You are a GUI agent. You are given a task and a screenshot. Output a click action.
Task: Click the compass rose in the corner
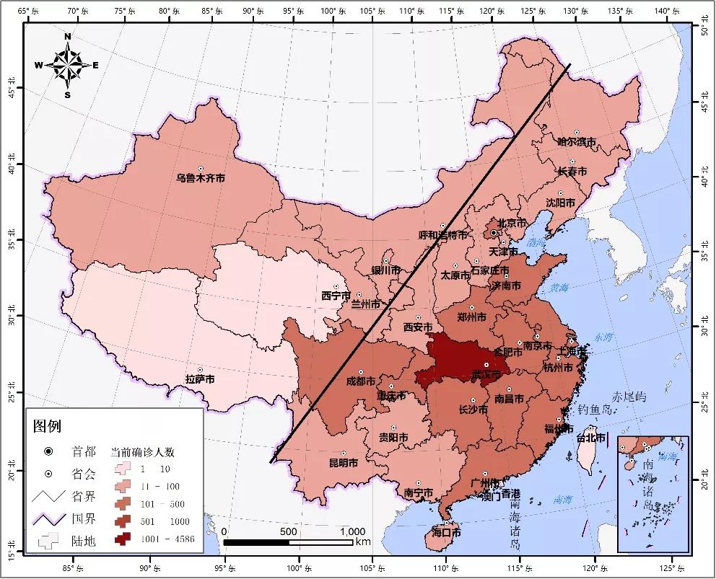(67, 66)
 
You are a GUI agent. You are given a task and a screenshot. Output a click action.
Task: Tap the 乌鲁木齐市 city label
(201, 177)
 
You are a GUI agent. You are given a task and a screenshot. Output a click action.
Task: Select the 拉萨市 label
(200, 379)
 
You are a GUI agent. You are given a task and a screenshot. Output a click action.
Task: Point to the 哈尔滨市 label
(577, 142)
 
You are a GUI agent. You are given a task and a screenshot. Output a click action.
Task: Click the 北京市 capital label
(508, 224)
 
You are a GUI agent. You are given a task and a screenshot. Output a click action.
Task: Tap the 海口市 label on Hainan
(446, 533)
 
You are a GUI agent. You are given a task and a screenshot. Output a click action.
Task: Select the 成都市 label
(361, 381)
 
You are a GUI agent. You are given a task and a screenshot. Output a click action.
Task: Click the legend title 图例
(48, 426)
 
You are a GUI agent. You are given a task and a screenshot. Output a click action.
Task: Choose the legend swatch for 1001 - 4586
(122, 538)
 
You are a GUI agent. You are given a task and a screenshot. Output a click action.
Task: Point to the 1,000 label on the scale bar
(352, 531)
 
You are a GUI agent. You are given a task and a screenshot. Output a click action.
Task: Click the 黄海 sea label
(559, 288)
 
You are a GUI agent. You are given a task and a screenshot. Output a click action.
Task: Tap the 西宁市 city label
(336, 296)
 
